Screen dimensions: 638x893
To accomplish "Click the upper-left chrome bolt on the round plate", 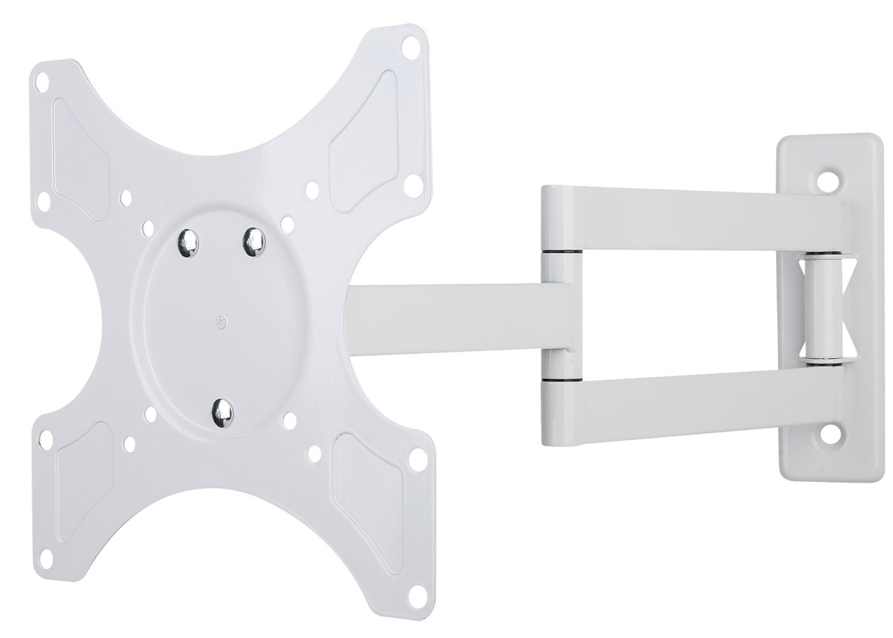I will click(188, 241).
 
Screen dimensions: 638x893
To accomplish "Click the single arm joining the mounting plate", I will click(447, 317).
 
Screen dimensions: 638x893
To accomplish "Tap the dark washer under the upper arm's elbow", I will click(561, 252).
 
